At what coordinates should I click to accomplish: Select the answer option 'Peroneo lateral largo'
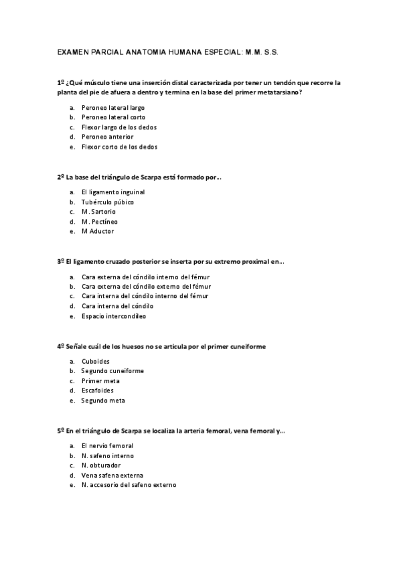pos(112,107)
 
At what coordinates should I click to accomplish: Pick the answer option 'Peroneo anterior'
pos(107,137)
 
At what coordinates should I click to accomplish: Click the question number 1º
pos(60,82)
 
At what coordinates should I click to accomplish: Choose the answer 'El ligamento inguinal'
pos(112,192)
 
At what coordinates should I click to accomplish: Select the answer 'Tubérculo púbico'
pos(107,202)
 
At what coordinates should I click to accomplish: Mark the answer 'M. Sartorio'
pos(98,212)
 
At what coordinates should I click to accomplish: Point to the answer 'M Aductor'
pos(97,231)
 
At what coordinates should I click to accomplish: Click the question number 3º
pos(60,262)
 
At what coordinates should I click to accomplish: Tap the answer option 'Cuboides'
pos(96,361)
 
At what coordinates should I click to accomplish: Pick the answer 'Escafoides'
pos(98,390)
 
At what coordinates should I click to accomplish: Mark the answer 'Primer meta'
pos(100,380)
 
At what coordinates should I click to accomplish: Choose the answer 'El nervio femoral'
pos(107,445)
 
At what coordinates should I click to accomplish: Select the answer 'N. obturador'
pos(101,465)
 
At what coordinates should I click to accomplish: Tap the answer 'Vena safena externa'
pos(112,475)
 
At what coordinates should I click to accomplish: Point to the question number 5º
pos(60,431)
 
